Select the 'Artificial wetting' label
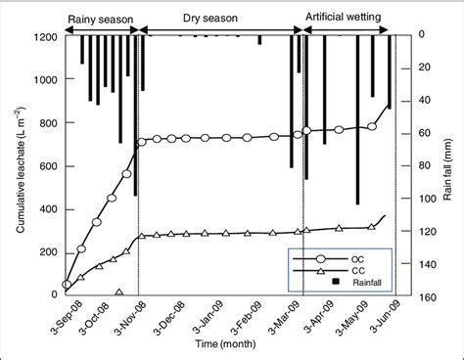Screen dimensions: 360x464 coord(348,18)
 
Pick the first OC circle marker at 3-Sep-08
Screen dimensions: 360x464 coord(67,285)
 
